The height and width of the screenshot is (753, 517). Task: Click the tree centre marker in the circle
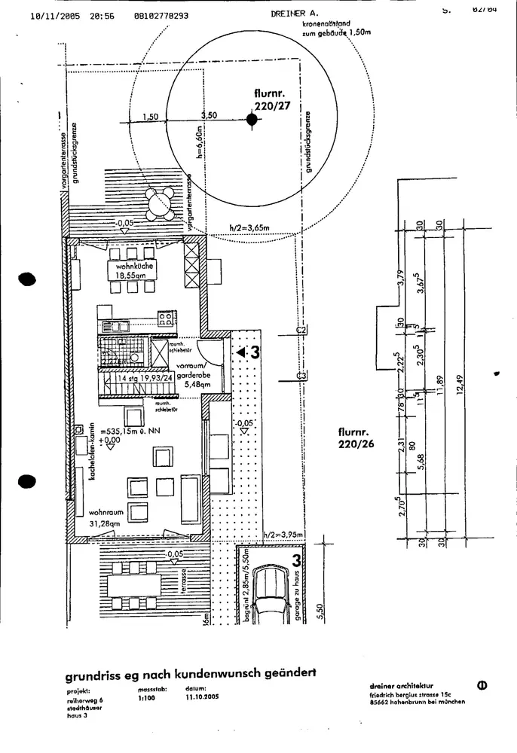click(x=252, y=119)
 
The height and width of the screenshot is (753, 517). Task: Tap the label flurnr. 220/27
click(x=272, y=99)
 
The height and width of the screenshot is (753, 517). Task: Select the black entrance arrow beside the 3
click(x=241, y=352)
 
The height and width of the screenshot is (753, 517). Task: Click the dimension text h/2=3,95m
click(x=283, y=535)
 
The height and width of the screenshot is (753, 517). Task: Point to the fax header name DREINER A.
click(x=295, y=14)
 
